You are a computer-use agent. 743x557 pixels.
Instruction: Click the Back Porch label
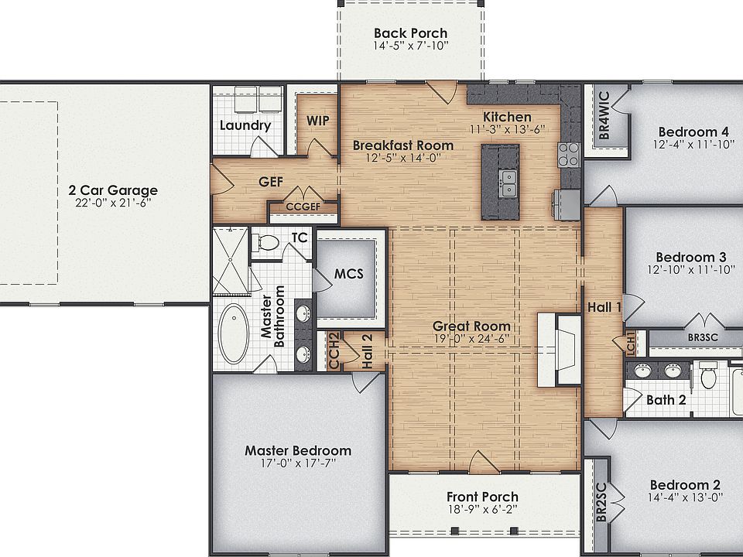(410, 33)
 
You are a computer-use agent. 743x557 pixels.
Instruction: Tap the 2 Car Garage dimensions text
(113, 203)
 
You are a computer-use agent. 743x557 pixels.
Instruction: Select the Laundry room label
(245, 125)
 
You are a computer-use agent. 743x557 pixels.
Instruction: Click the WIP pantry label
(317, 121)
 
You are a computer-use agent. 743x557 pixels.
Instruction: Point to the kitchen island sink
(508, 183)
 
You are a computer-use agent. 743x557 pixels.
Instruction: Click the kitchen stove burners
(569, 155)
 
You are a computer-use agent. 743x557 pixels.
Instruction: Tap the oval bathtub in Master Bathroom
(234, 333)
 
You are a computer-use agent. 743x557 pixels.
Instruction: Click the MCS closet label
(349, 274)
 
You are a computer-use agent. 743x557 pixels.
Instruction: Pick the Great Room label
(471, 326)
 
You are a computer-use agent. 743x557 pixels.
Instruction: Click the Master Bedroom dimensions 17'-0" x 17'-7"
(298, 463)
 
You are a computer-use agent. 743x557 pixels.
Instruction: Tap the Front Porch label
(482, 497)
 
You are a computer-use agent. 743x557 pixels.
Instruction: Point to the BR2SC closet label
(601, 502)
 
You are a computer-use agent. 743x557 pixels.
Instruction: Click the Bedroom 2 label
(685, 485)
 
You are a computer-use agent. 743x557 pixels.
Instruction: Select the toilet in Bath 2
(708, 374)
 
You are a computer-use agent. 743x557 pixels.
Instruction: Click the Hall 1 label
(604, 307)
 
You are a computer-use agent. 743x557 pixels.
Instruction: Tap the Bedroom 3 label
(691, 257)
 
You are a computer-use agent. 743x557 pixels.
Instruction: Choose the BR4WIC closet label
(604, 115)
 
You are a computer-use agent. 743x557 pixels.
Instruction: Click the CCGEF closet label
(303, 207)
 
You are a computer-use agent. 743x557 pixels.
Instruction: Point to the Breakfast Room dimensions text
(403, 158)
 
